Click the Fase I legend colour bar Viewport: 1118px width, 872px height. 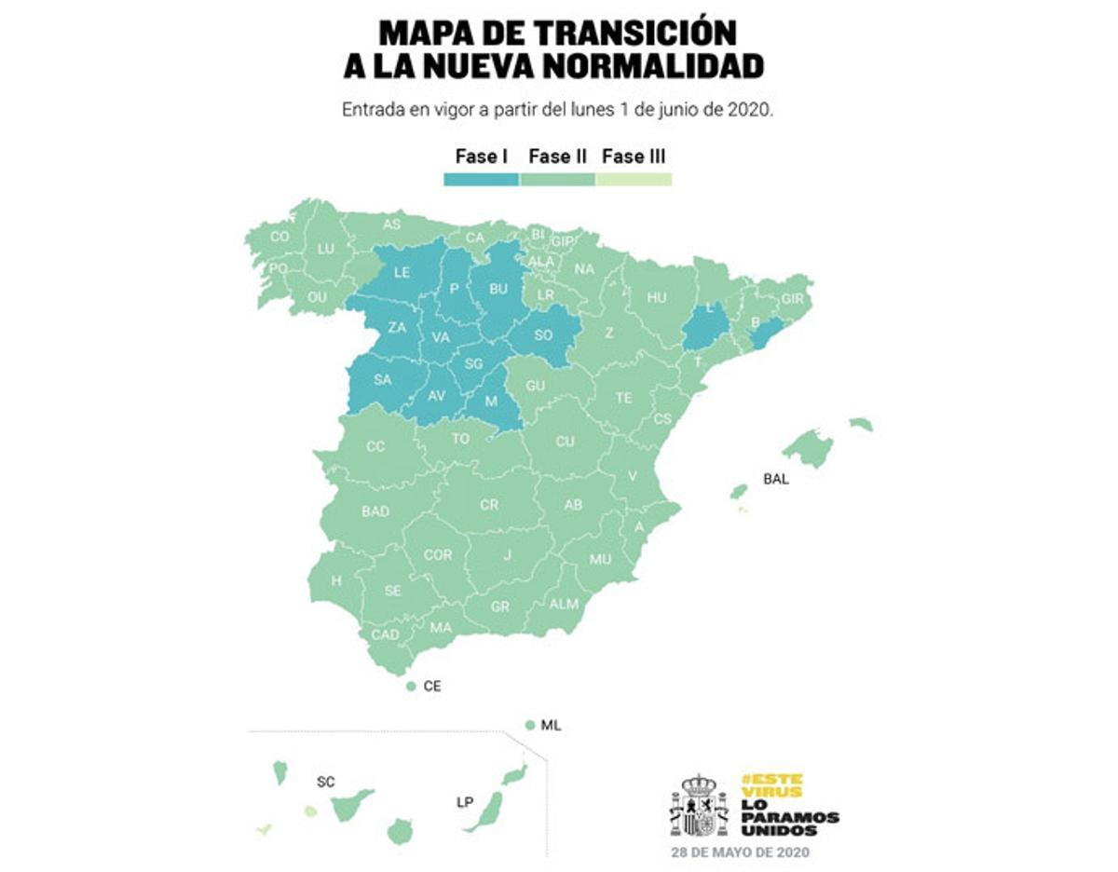[x=481, y=179]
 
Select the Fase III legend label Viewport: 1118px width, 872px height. [x=634, y=157]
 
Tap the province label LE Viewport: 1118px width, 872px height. [x=402, y=273]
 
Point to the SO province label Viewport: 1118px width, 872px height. [x=544, y=335]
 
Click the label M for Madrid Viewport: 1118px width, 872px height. [x=492, y=402]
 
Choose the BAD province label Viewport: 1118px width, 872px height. [x=375, y=511]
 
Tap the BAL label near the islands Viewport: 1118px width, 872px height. [x=776, y=480]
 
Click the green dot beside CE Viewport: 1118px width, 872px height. [x=411, y=687]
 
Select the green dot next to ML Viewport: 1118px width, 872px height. [x=529, y=725]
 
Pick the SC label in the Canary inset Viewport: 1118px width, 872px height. [x=325, y=782]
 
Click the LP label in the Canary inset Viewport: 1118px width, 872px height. [x=464, y=801]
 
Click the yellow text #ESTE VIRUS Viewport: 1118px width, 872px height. [x=772, y=784]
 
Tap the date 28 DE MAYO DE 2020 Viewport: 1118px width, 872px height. [x=741, y=852]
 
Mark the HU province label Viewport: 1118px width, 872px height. [x=657, y=297]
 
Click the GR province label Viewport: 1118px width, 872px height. [x=500, y=606]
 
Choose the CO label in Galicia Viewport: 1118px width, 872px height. [x=279, y=237]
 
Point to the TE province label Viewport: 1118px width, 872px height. [x=623, y=398]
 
